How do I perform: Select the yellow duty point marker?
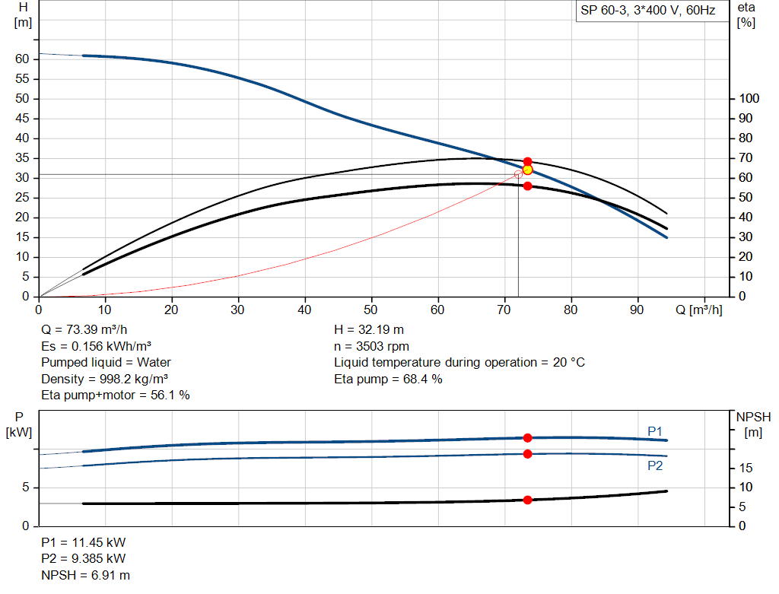(x=527, y=170)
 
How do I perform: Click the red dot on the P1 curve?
(x=527, y=438)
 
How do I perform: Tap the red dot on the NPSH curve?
(x=527, y=500)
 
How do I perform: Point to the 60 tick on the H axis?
(x=22, y=59)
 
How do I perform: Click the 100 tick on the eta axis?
(x=749, y=98)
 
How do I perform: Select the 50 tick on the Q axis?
(x=371, y=310)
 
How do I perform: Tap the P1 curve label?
(x=655, y=431)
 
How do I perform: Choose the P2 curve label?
(x=655, y=465)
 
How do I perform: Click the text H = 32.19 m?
(x=368, y=330)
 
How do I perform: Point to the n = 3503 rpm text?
(x=371, y=346)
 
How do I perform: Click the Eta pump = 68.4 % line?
(x=388, y=379)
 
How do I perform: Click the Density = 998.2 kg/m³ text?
(x=104, y=379)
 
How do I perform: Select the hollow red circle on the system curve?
(x=518, y=174)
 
